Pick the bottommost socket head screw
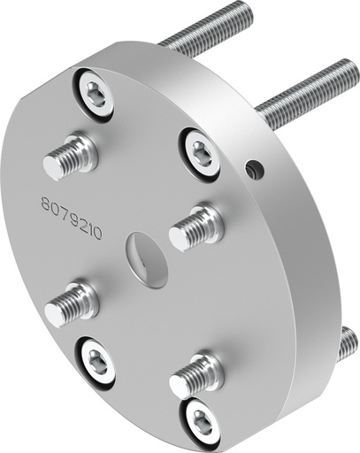[202, 419]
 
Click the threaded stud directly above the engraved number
[71, 156]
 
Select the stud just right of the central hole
[195, 226]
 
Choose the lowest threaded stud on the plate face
[195, 375]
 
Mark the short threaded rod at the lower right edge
[348, 344]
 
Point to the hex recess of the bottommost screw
[202, 418]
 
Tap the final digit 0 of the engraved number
[97, 234]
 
